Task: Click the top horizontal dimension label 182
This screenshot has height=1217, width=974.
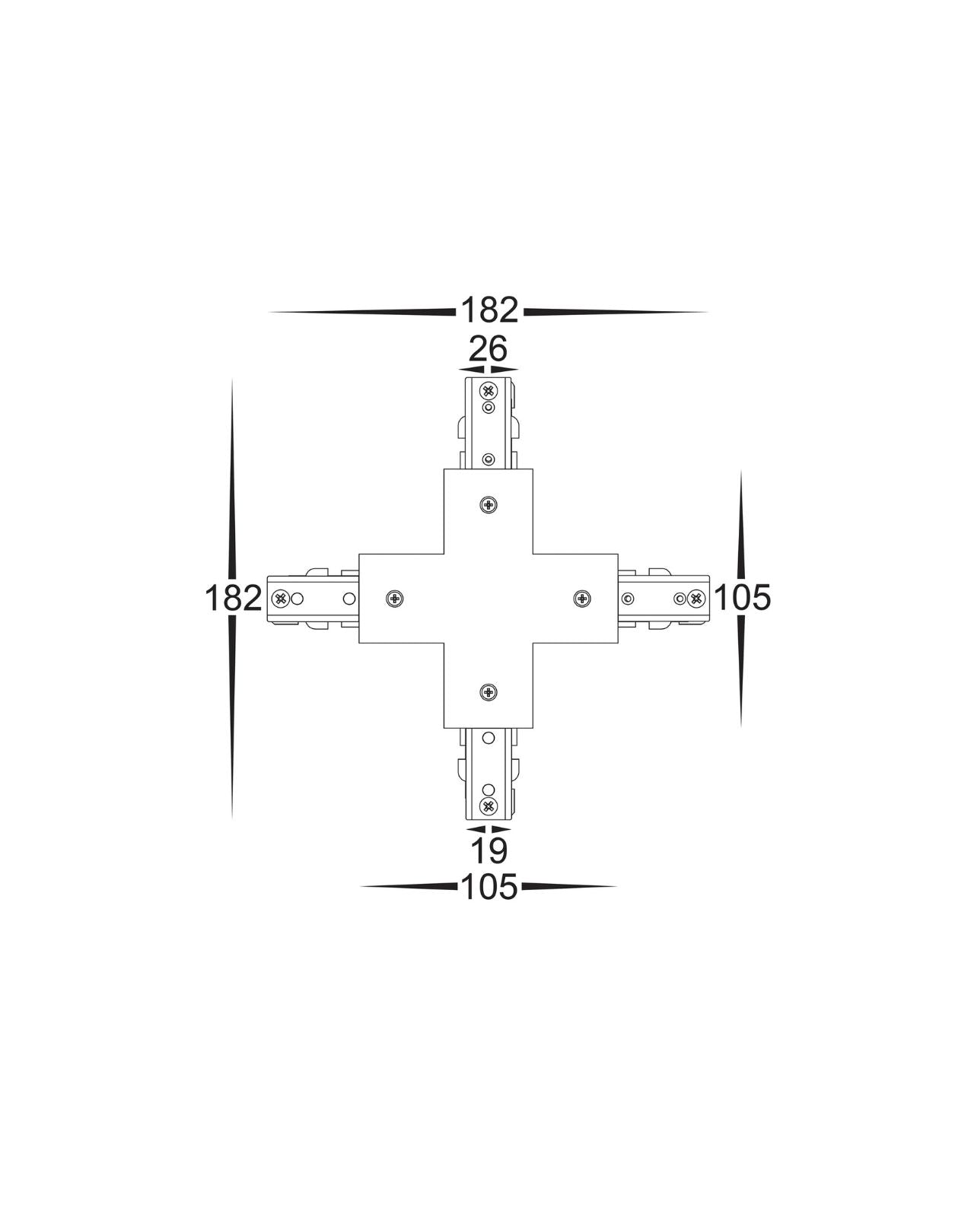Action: pyautogui.click(x=489, y=310)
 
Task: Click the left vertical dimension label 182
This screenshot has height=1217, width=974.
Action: pyautogui.click(x=233, y=598)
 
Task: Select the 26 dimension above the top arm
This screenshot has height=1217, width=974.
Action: pyautogui.click(x=488, y=348)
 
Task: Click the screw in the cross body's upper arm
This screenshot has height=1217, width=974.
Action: pyautogui.click(x=488, y=504)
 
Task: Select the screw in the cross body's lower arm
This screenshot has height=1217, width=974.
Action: pyautogui.click(x=488, y=691)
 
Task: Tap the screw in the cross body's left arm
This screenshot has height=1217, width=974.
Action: pyautogui.click(x=394, y=598)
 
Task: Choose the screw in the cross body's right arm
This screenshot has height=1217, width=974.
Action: pyautogui.click(x=582, y=598)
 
